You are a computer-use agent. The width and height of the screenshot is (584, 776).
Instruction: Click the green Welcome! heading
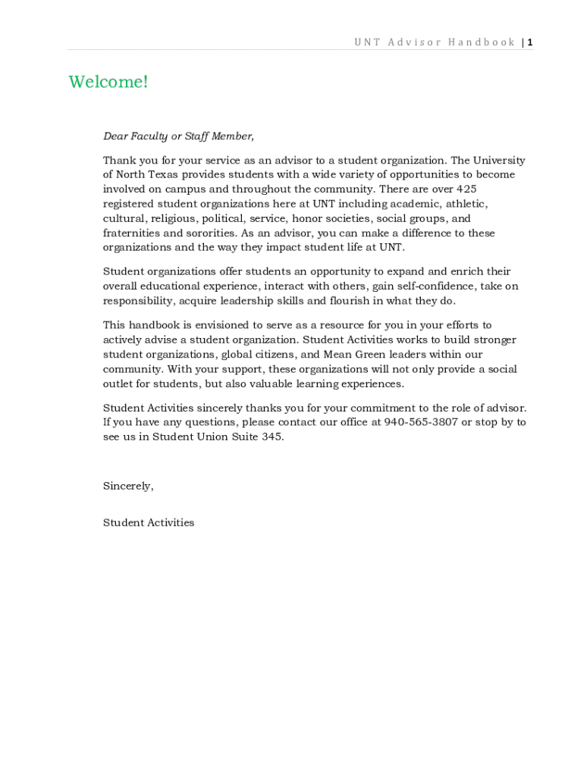click(108, 82)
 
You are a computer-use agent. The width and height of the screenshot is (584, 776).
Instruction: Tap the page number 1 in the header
click(530, 42)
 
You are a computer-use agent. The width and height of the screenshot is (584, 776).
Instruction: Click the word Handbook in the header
click(482, 42)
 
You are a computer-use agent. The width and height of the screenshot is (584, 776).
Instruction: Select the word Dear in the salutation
click(115, 136)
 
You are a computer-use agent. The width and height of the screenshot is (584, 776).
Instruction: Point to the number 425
click(463, 189)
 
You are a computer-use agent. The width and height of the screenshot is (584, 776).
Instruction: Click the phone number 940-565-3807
click(421, 422)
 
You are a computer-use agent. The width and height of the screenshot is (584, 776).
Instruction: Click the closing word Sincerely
click(127, 487)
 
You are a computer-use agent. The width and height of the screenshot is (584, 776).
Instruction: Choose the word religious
click(172, 219)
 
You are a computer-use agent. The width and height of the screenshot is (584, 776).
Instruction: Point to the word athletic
click(466, 204)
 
